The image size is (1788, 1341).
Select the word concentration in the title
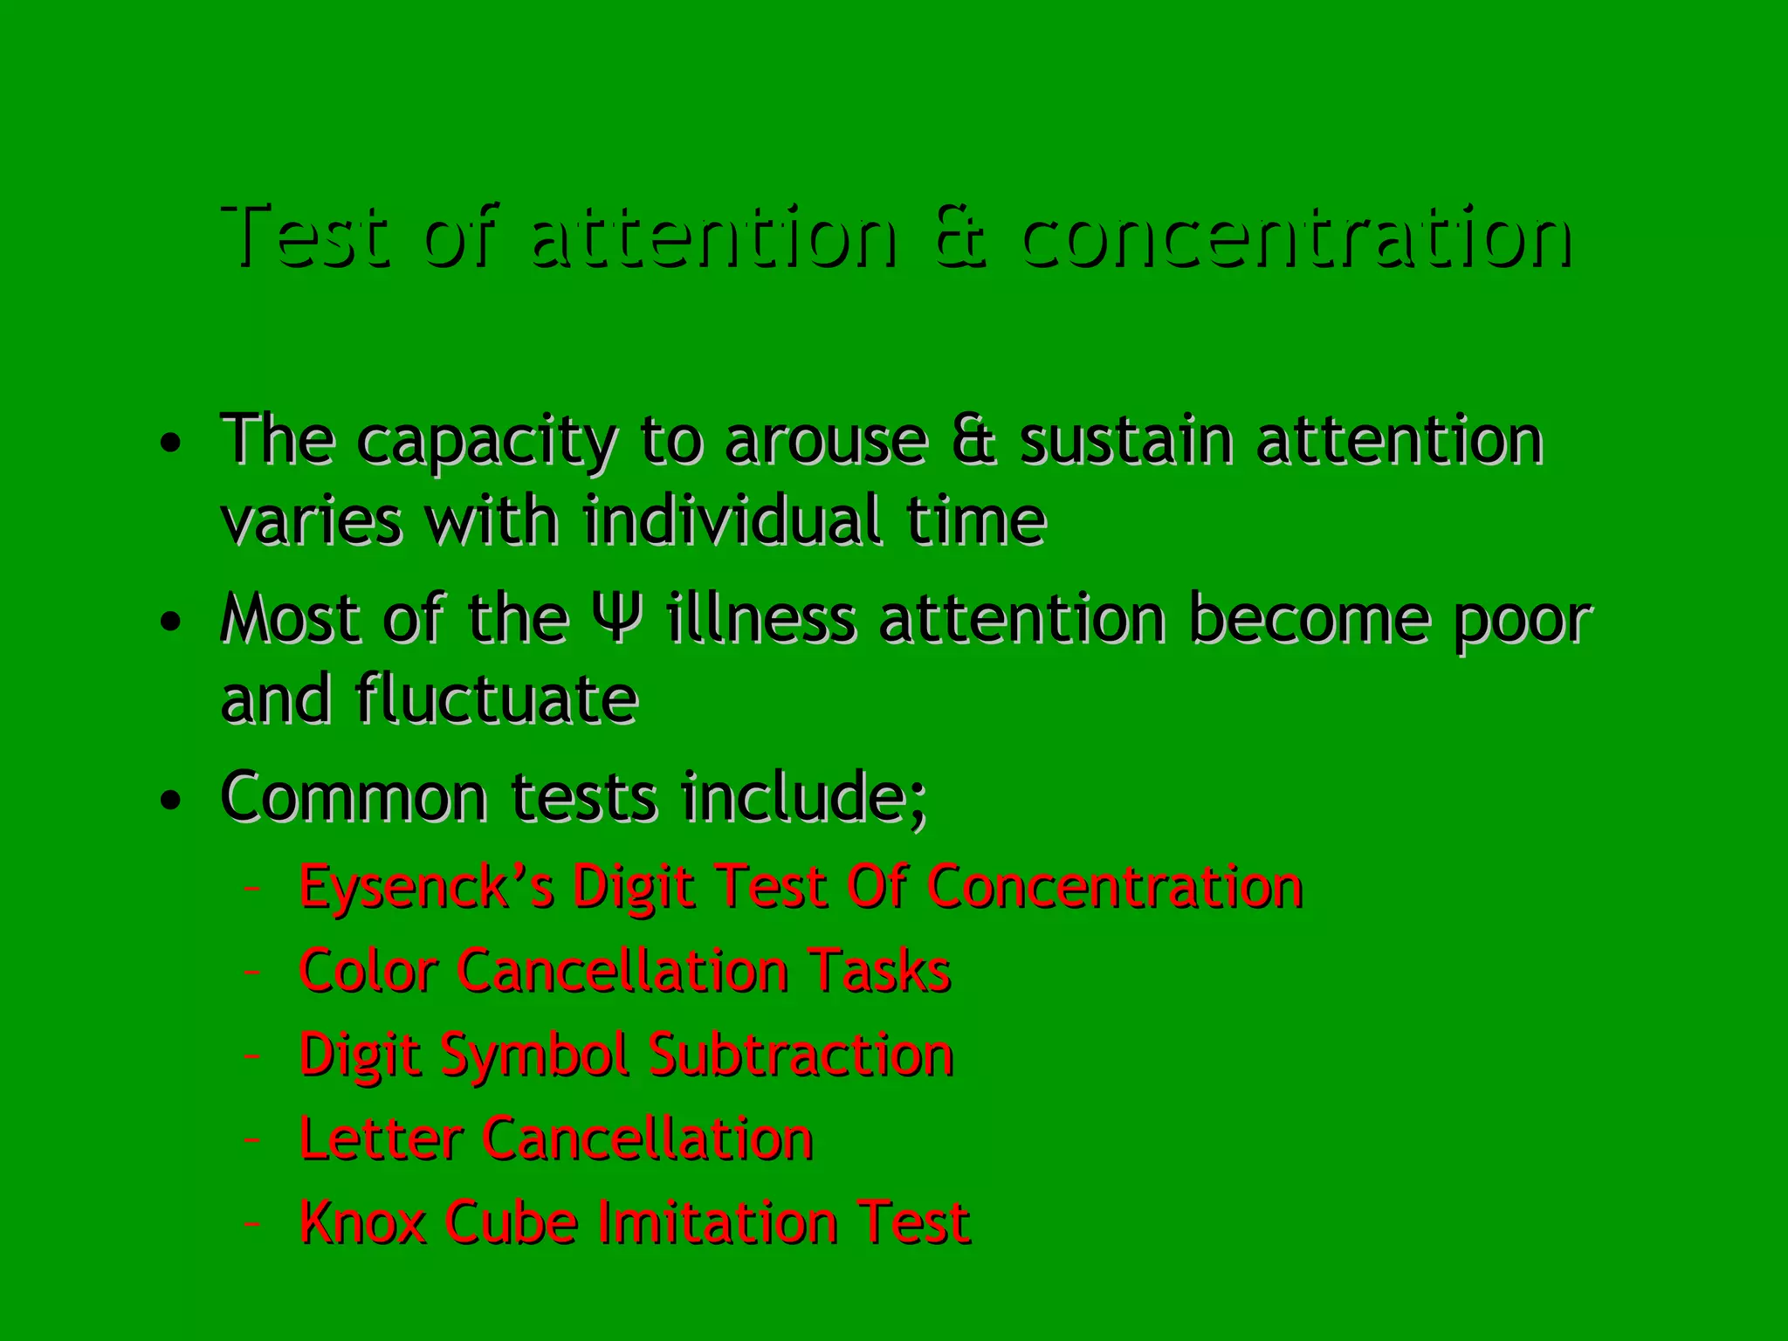1296,237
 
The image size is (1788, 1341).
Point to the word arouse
825,440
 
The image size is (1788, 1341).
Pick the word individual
732,521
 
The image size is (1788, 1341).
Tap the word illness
760,619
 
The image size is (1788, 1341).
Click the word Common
354,797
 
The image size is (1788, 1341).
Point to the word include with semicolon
803,797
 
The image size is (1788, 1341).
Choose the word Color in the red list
368,971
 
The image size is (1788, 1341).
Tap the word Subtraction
801,1055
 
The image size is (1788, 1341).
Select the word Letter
380,1138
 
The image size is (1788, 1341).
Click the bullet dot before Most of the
171,622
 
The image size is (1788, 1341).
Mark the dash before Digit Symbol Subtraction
252,1056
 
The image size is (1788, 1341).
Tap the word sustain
1126,440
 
